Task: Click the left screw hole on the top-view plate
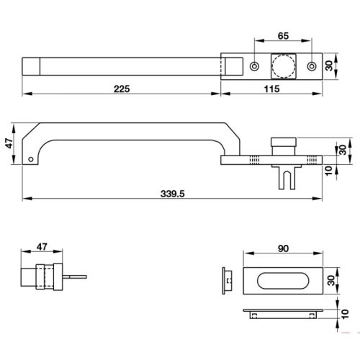coord(253,66)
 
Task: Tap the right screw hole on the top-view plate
coord(312,66)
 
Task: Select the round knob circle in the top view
coord(282,66)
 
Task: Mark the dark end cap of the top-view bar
coord(32,66)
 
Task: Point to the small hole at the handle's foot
coord(31,159)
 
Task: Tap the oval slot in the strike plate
coord(281,282)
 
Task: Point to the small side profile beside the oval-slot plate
coord(228,282)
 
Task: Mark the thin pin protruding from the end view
coord(75,277)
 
